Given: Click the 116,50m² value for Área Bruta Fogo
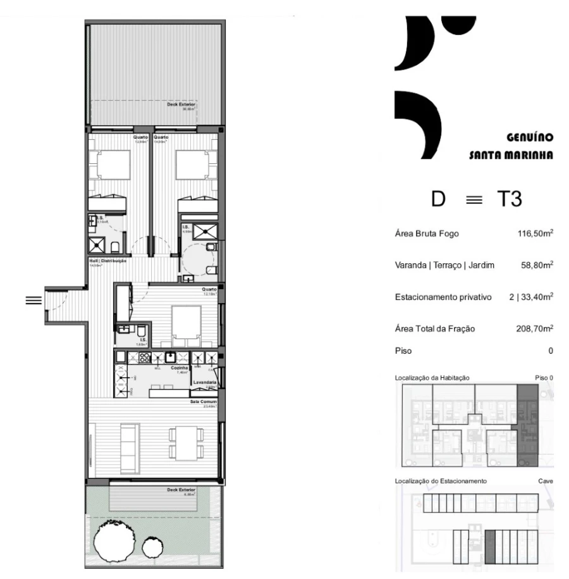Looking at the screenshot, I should coord(535,233).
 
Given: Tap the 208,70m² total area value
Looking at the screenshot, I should coord(535,328).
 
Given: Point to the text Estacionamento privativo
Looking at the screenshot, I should coord(436,297).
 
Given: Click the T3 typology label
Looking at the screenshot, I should coord(508,199).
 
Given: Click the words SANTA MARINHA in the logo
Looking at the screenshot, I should coord(511,154).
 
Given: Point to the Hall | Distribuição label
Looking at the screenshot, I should coord(108,261).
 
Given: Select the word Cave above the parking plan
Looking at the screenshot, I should coord(546,482).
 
